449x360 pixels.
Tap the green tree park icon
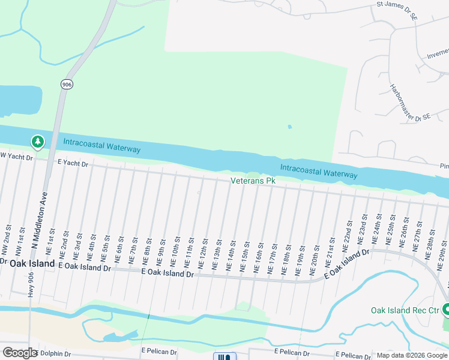pos(38,142)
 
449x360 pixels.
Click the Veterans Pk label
pos(253,181)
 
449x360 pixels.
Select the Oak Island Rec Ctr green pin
pos(446,310)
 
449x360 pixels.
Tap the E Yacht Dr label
pos(73,163)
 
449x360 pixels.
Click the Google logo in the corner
pos(19,353)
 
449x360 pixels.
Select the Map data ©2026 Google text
pos(411,356)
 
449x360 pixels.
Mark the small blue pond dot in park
pos(289,127)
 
